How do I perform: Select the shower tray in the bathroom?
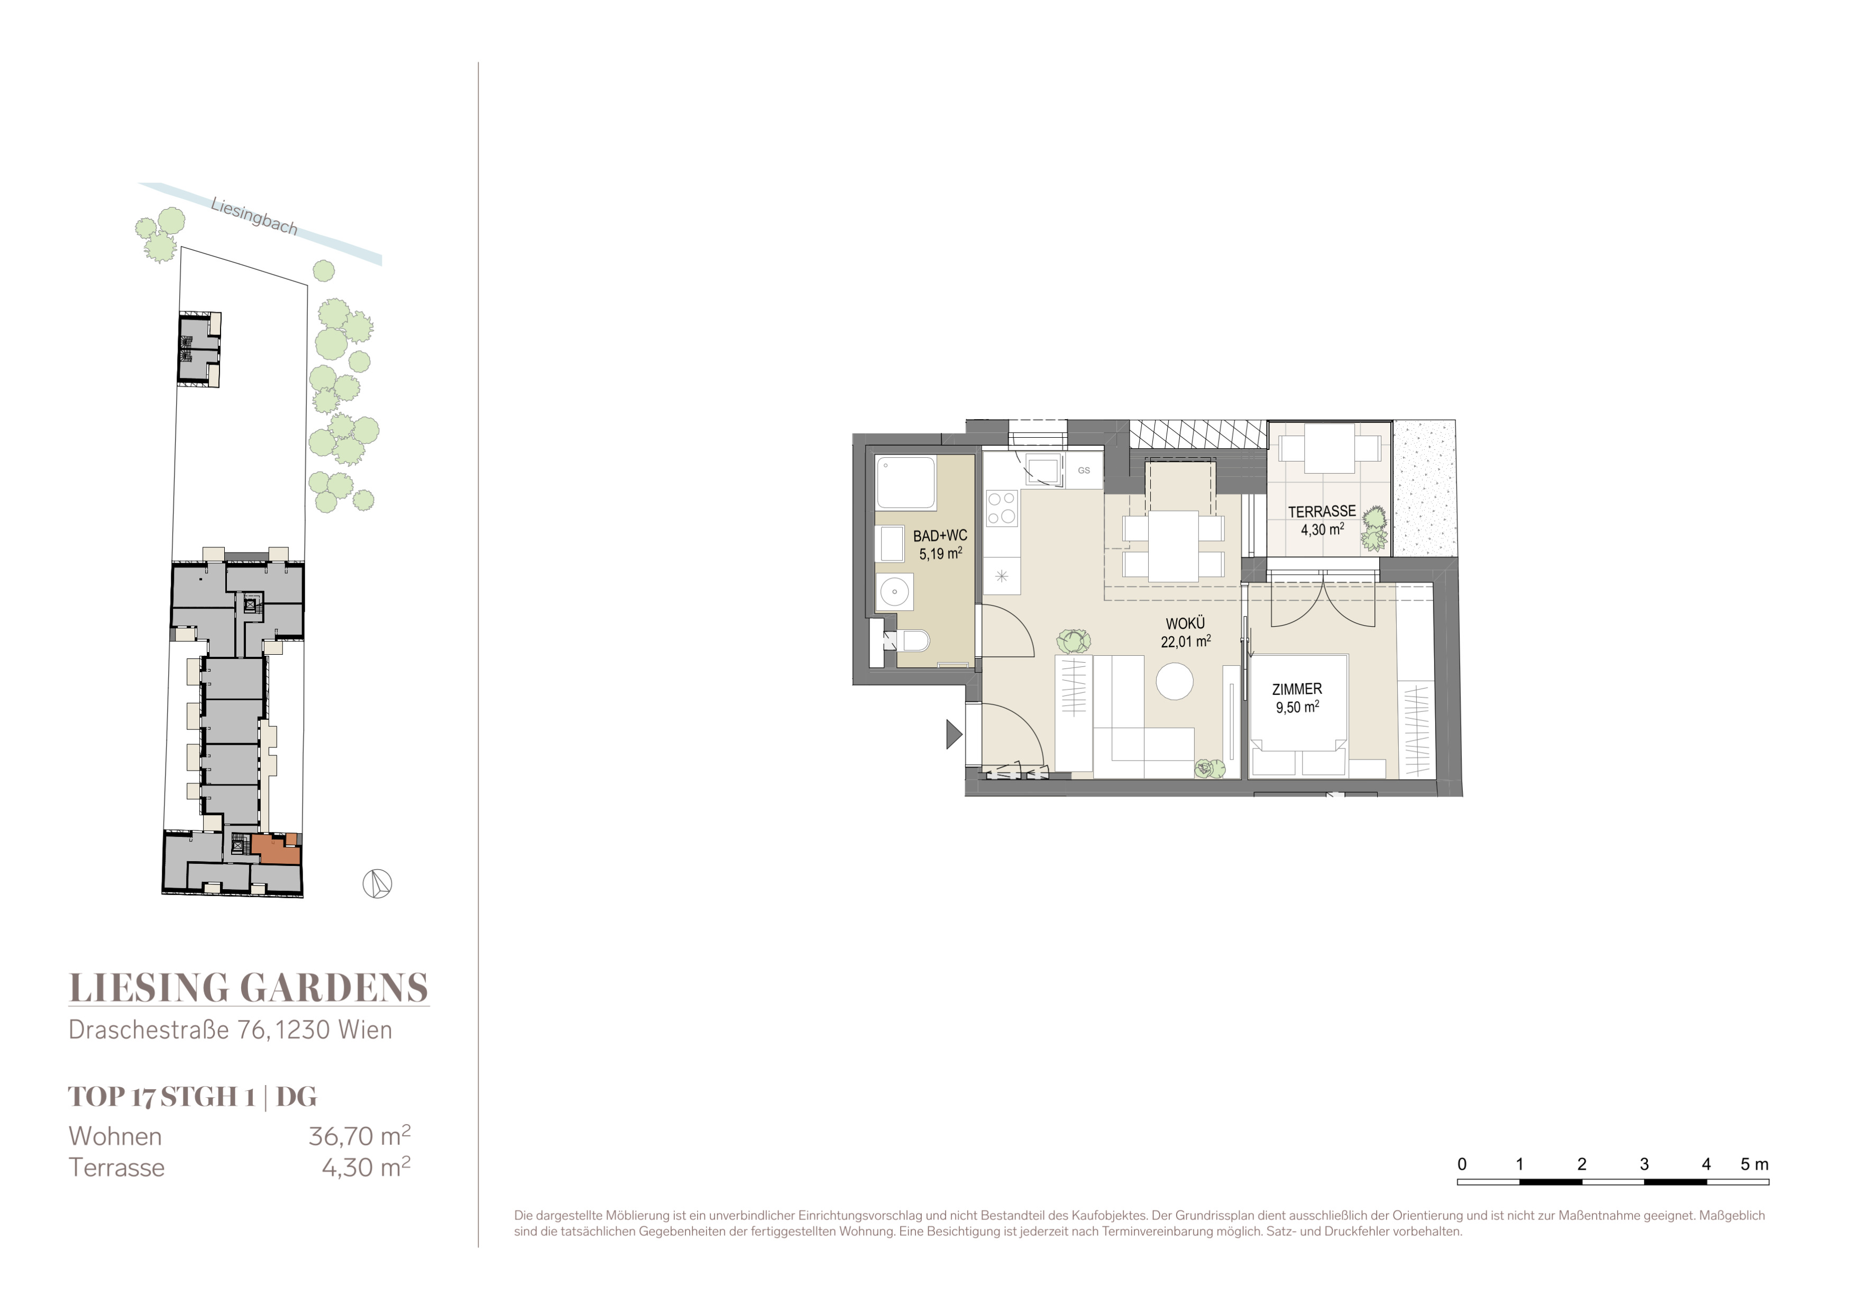pyautogui.click(x=906, y=483)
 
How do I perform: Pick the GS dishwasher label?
pyautogui.click(x=1084, y=471)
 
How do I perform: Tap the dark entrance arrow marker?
pyautogui.click(x=954, y=734)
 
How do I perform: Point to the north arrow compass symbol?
pyautogui.click(x=377, y=884)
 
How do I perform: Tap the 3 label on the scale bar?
pyautogui.click(x=1644, y=1164)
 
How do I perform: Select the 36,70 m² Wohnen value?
pyautogui.click(x=360, y=1136)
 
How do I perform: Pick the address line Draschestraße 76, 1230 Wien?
pyautogui.click(x=231, y=1030)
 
